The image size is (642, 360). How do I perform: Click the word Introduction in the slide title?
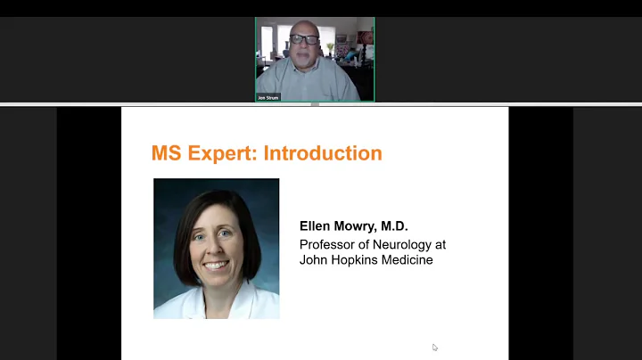[323, 153]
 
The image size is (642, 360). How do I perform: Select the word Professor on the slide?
[328, 244]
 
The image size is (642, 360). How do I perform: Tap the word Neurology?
[402, 244]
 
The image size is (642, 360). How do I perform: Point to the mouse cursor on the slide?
[435, 348]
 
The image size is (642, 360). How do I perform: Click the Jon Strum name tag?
[268, 97]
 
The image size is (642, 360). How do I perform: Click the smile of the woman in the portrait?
[216, 265]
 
